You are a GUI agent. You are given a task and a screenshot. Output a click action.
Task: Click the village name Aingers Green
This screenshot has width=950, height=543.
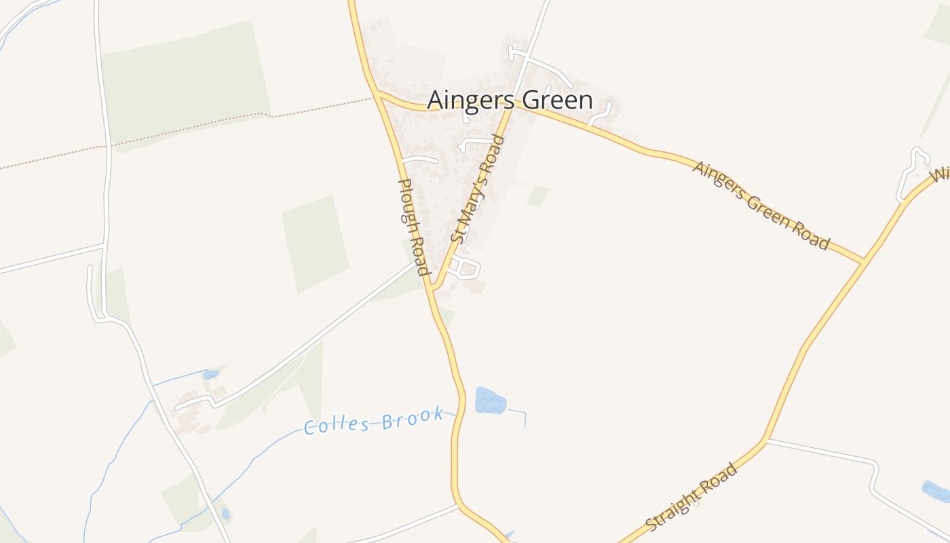coord(510,100)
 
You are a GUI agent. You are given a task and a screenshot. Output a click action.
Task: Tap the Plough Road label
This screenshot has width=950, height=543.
coord(413,227)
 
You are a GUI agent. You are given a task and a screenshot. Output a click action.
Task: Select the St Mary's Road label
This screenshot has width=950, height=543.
coord(478,189)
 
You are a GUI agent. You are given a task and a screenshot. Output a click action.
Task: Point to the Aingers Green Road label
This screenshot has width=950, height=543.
coord(761,205)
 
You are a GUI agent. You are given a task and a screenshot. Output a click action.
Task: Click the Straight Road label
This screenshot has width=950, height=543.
coord(691,498)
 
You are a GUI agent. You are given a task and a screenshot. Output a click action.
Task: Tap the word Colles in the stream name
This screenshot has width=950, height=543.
coord(337,425)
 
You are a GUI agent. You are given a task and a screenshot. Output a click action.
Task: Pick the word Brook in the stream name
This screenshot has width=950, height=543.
coord(413,417)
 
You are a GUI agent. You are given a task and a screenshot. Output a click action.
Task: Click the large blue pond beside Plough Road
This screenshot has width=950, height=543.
coord(489,400)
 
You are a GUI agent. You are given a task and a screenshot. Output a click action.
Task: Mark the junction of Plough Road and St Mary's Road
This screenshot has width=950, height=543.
coord(432,288)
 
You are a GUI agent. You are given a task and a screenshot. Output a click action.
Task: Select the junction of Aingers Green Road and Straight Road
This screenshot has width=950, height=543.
coord(862,260)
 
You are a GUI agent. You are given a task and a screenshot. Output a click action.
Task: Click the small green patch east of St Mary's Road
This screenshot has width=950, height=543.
coord(538,195)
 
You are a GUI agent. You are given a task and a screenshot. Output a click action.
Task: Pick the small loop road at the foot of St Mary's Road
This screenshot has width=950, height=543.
coord(466,267)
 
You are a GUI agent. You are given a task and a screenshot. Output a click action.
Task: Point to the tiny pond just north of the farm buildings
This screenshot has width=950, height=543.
coord(211,374)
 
